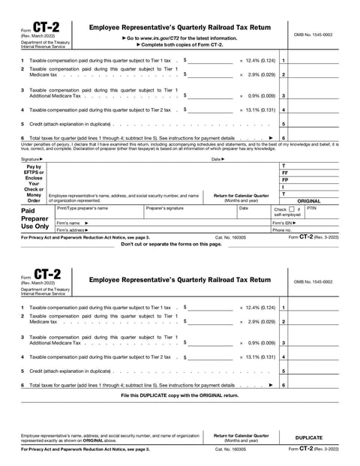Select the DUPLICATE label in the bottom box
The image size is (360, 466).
click(x=309, y=437)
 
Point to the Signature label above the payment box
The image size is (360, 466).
click(x=31, y=159)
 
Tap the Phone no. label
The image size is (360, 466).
click(x=282, y=230)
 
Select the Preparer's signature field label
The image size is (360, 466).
click(x=165, y=208)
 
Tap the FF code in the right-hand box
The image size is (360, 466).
click(x=284, y=173)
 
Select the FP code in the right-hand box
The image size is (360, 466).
click(x=284, y=180)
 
